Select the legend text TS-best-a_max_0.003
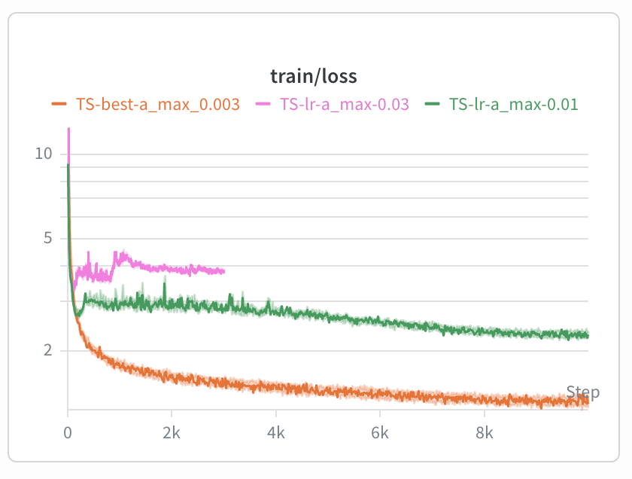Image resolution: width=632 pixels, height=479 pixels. point(157,105)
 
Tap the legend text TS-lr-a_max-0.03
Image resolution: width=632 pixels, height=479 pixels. point(344,105)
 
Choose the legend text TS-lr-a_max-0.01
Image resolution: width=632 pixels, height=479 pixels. point(513,105)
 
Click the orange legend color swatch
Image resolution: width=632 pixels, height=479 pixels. point(59,105)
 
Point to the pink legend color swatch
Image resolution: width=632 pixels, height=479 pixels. point(263,105)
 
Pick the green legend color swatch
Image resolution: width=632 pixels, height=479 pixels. point(433,105)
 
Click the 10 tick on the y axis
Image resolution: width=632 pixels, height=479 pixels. point(43,154)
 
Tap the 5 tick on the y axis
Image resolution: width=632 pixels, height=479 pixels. point(47,239)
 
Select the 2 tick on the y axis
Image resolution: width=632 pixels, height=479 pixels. point(47,350)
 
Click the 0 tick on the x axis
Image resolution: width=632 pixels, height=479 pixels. point(68,434)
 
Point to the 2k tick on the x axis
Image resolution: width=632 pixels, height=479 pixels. point(172,434)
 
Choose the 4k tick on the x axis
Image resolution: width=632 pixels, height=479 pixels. point(276,434)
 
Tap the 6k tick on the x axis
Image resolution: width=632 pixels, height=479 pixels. point(380,434)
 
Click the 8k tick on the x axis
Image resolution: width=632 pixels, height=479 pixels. point(485,434)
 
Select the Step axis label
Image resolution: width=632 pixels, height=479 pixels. point(583,392)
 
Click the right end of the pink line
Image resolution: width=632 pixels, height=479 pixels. point(224,271)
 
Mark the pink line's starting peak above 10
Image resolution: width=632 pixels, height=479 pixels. point(68,130)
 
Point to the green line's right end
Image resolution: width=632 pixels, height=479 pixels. point(588,335)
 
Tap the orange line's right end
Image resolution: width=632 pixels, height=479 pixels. point(588,401)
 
